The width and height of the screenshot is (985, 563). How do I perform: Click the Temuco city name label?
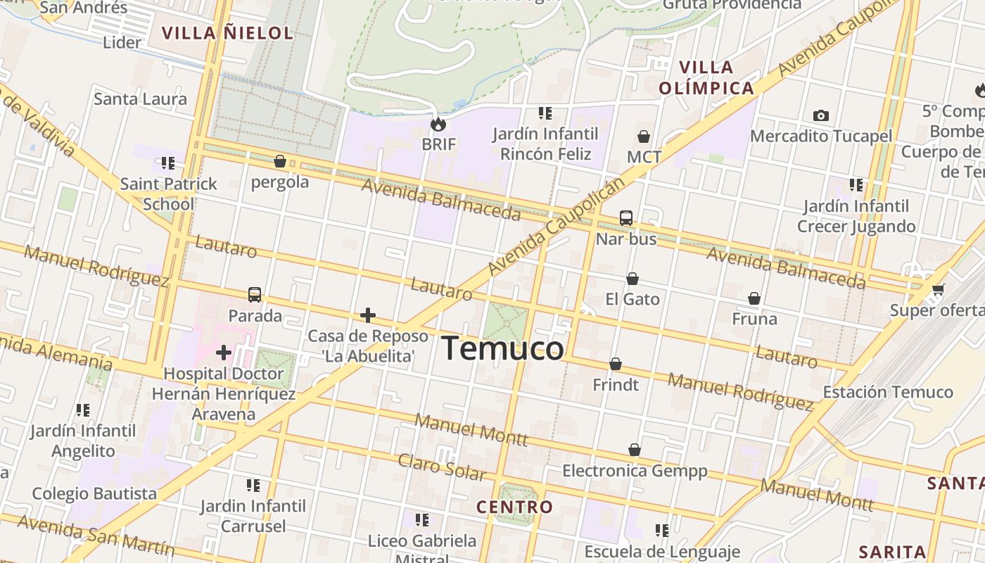point(503,348)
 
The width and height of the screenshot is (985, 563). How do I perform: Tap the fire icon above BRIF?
point(438,125)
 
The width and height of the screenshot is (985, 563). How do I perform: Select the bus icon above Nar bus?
point(625,218)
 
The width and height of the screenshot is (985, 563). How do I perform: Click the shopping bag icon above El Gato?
point(633,279)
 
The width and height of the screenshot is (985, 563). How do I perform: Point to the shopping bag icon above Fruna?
point(754,299)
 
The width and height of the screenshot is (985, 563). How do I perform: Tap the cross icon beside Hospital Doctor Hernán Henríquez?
point(224,352)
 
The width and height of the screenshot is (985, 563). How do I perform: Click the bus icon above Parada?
point(255,295)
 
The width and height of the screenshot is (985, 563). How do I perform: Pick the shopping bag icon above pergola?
point(280,162)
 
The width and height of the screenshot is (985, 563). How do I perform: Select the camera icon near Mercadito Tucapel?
point(820,116)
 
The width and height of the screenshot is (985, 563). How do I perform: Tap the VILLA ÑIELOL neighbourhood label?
point(227,32)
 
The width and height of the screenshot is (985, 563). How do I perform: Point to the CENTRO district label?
point(514,507)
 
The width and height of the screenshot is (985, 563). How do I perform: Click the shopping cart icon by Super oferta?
point(938,290)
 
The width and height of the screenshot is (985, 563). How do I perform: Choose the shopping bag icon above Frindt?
point(616,365)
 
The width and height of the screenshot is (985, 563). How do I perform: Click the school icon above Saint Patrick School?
point(168,163)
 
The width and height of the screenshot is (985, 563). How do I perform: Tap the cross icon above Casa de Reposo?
point(367,315)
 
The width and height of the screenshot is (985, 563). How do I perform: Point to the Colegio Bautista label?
point(94,493)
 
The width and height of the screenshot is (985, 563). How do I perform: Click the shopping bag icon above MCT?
point(644,137)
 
